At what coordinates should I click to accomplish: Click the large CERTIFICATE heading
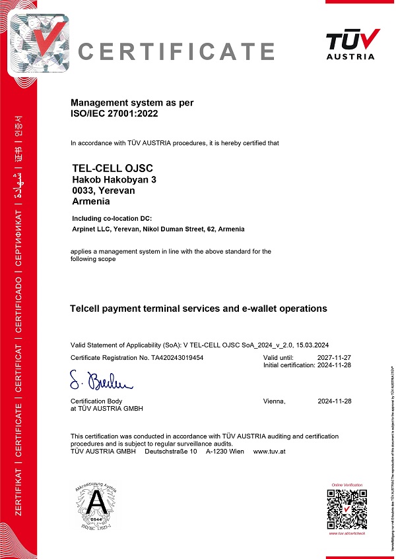click(176, 51)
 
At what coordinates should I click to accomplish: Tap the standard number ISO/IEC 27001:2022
click(114, 113)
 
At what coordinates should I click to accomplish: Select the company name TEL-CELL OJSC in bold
click(110, 169)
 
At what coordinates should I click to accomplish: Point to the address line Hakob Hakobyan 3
click(114, 180)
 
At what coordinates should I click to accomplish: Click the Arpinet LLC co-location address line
click(158, 229)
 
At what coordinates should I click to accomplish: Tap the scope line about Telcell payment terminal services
click(198, 309)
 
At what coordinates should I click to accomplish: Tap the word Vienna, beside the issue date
click(274, 401)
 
